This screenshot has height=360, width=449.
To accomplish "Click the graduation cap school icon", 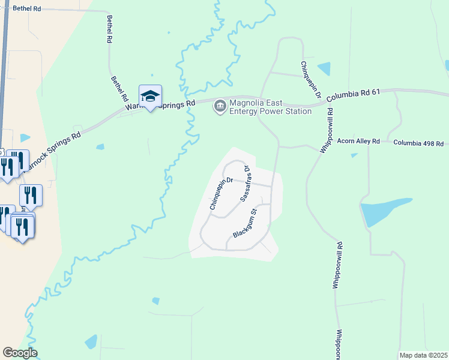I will click(151, 95).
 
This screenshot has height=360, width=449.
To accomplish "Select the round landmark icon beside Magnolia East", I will click(220, 107).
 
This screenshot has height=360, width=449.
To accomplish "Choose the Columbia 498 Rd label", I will click(418, 143).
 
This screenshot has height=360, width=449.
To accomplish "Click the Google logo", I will click(20, 353).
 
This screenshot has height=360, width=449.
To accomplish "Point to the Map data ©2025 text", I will click(423, 355).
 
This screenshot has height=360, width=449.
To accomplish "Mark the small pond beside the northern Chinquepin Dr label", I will click(324, 68).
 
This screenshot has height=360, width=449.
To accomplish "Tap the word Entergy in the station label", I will click(249, 111).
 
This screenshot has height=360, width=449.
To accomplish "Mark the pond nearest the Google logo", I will click(91, 342).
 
